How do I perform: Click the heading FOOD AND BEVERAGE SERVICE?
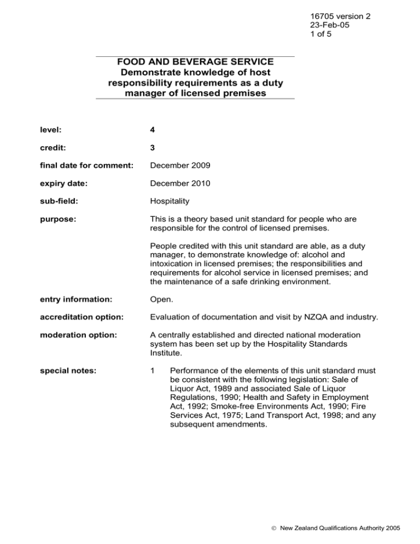click(x=195, y=62)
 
